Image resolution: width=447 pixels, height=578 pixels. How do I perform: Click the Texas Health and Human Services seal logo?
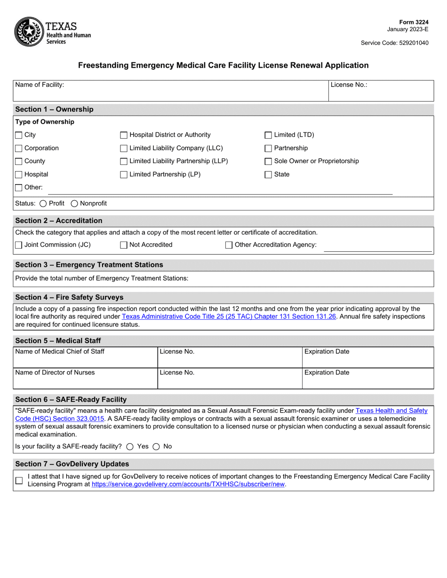pos(29,31)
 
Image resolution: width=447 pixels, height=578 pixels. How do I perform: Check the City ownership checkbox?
pos(19,135)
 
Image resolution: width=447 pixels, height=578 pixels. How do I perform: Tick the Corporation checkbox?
pos(19,148)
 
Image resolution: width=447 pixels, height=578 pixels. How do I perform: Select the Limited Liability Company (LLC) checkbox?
pos(124,148)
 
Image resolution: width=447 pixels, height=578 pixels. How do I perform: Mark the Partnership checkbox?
pos(268,148)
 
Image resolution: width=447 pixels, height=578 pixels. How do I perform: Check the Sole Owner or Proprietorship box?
pos(268,162)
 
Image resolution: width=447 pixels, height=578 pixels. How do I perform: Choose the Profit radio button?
pos(44,203)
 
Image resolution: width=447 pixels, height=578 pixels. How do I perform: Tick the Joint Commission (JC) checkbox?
pos(19,245)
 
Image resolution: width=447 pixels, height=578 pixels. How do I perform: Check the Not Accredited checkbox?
pos(124,245)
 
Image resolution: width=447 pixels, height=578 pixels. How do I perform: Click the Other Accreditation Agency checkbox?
pos(229,245)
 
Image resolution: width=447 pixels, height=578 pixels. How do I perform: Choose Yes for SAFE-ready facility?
pos(130,446)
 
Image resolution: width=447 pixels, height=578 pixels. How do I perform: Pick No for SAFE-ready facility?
pos(156,446)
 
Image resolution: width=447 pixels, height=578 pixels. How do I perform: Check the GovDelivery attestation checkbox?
pos(19,480)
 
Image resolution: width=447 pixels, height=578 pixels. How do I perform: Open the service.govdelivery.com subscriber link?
pos(188,484)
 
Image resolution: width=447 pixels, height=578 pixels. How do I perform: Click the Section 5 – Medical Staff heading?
pos(58,340)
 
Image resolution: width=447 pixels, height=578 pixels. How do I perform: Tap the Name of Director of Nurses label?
pos(55,373)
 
